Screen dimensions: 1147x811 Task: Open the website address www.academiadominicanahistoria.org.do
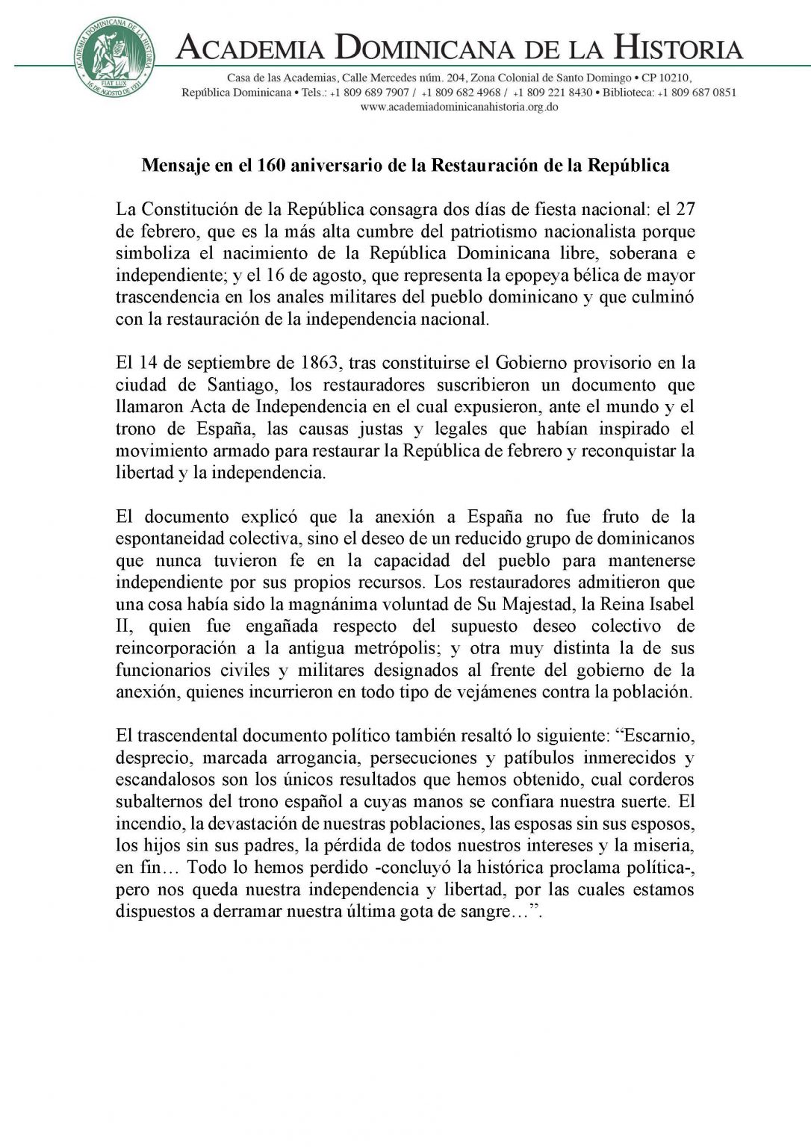point(459,107)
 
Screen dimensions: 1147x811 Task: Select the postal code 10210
point(674,78)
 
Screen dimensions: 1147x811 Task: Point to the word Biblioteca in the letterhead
point(628,93)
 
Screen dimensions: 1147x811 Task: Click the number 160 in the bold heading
point(271,165)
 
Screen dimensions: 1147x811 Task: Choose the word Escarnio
point(656,736)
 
